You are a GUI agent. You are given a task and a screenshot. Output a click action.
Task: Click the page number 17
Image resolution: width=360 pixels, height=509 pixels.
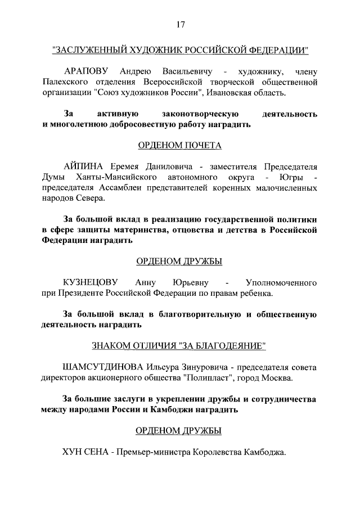pyautogui.click(x=180, y=24)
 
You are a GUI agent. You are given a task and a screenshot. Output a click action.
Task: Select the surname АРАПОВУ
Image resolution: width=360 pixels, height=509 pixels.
pyautogui.click(x=88, y=72)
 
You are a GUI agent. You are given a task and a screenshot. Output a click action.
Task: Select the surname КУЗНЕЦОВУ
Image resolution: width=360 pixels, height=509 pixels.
pyautogui.click(x=92, y=282)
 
